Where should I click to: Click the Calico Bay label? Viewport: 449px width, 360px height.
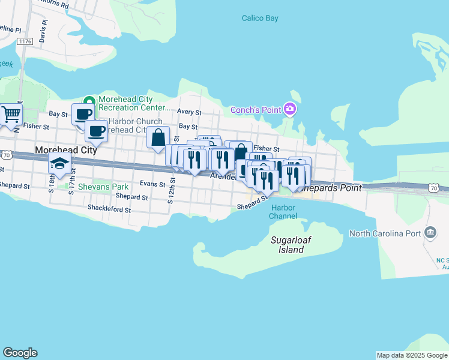click(260, 18)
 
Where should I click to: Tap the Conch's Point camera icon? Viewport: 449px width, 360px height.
click(291, 109)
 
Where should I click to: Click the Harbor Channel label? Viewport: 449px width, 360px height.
click(283, 212)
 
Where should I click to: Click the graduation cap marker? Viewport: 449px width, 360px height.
click(59, 163)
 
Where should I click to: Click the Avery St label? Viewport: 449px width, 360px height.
click(188, 112)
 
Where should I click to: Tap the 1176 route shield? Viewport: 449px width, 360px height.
click(25, 41)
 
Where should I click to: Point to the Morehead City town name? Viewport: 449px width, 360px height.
click(65, 150)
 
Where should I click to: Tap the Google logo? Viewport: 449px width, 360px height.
click(20, 353)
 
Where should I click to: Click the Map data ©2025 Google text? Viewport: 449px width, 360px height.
click(412, 355)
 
